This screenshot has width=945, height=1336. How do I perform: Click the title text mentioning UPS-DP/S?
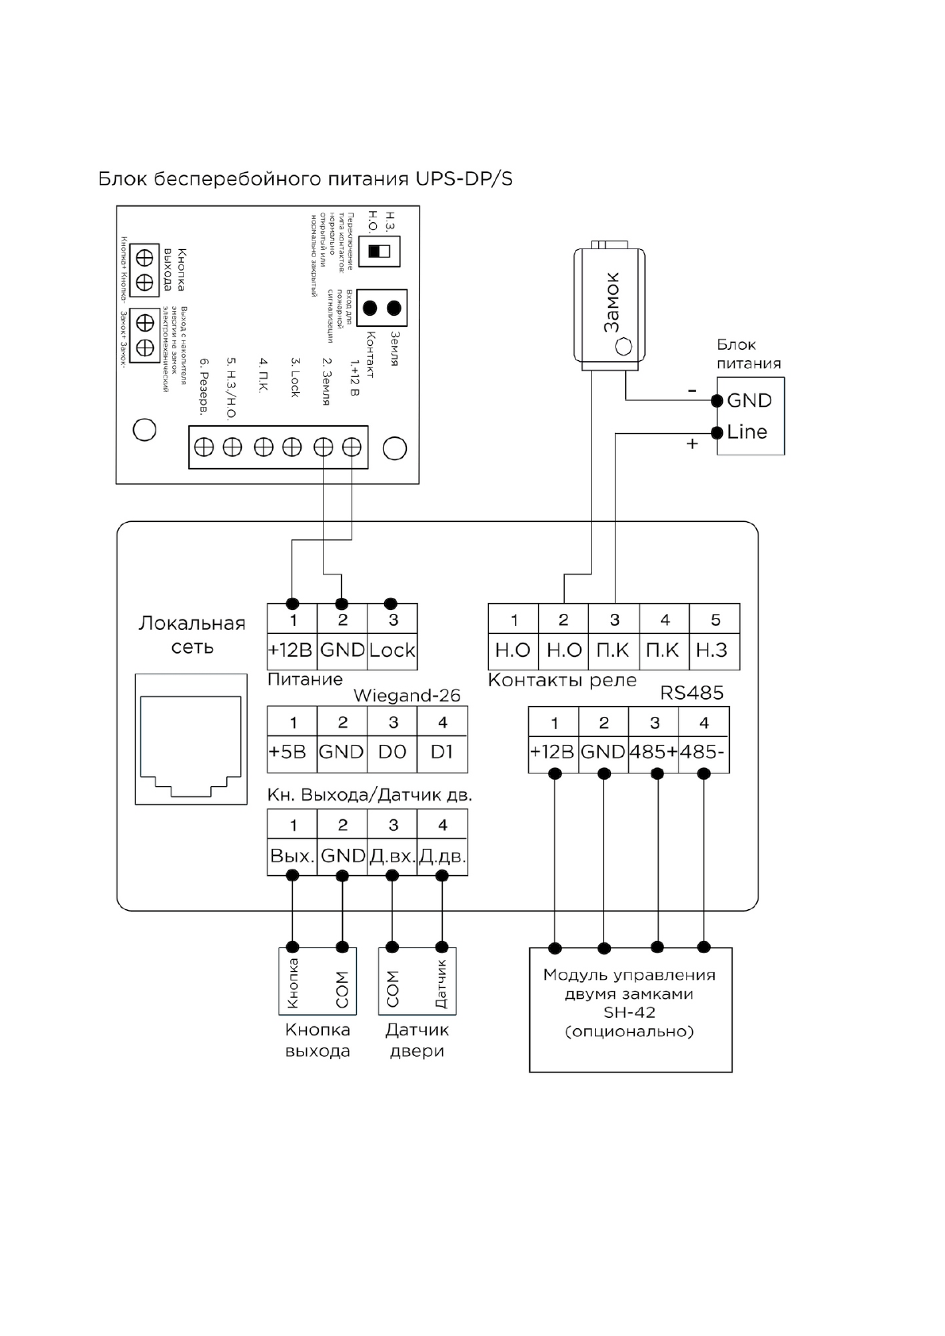click(x=305, y=179)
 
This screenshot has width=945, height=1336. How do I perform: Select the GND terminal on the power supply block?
click(x=749, y=401)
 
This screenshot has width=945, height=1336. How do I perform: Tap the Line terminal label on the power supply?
click(x=747, y=432)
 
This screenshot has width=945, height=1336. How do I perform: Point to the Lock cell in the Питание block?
click(x=392, y=651)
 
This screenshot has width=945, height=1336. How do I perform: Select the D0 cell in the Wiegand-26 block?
click(x=392, y=752)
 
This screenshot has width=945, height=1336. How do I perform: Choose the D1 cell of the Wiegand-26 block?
click(x=442, y=752)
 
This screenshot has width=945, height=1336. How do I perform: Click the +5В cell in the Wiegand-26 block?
click(x=291, y=752)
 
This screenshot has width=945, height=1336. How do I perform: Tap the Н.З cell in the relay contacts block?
click(x=713, y=651)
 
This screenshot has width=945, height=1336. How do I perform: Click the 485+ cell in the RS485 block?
click(x=653, y=752)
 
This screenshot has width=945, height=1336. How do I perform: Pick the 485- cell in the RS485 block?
click(x=703, y=752)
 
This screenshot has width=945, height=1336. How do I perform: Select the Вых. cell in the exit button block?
click(x=291, y=857)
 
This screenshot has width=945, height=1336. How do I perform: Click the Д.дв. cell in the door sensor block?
click(x=442, y=857)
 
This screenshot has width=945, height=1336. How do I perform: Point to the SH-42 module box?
click(x=630, y=1009)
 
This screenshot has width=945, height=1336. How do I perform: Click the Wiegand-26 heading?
click(x=406, y=696)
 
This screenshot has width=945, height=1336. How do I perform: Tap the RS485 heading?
click(x=691, y=693)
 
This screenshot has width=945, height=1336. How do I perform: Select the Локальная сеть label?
click(x=192, y=635)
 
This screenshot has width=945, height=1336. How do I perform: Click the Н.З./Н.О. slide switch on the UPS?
click(x=379, y=251)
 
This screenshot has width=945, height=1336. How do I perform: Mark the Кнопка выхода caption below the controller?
click(x=317, y=1040)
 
